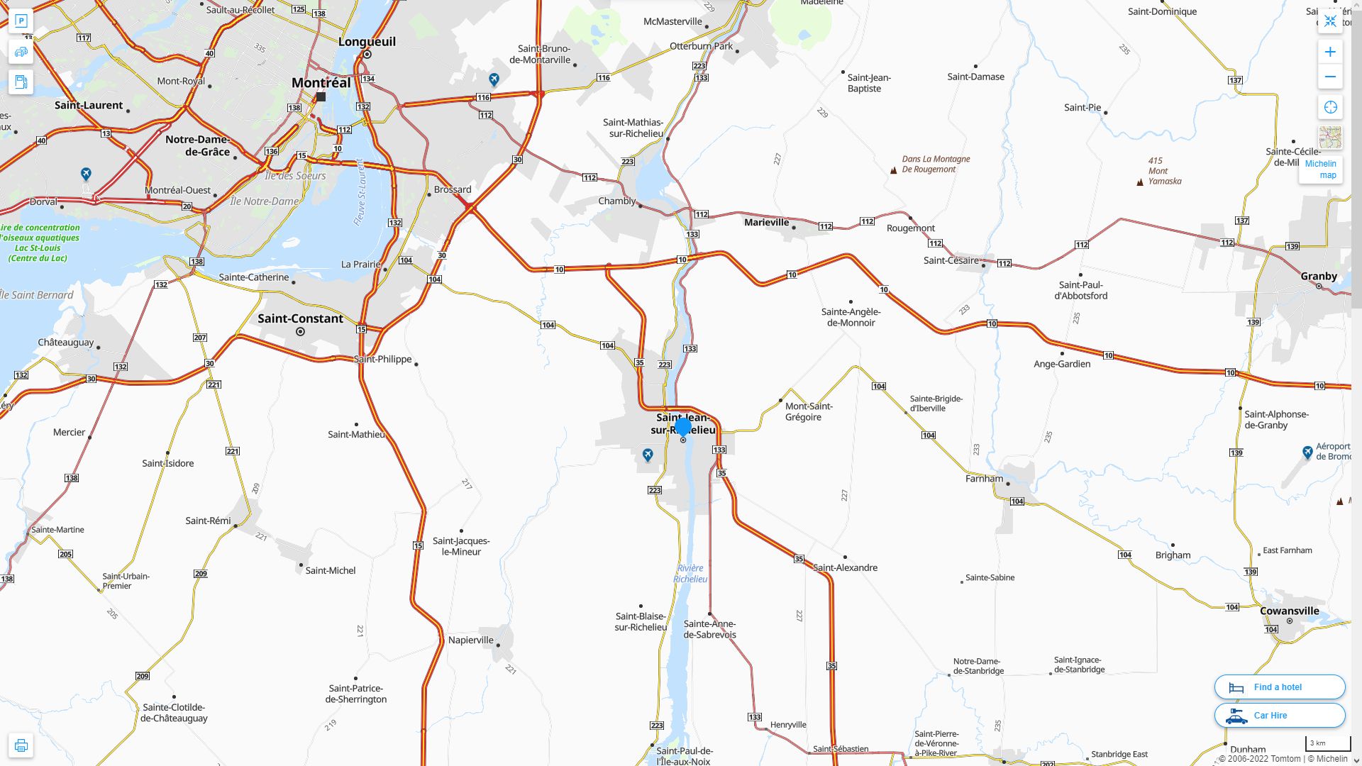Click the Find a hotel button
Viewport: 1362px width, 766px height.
(x=1279, y=687)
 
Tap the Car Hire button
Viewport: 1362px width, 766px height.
(x=1279, y=715)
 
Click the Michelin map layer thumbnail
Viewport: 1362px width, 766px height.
(x=1330, y=138)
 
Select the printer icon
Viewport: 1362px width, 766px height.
(x=21, y=745)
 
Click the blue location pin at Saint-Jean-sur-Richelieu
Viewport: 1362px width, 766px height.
(x=683, y=427)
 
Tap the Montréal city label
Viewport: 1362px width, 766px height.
(x=321, y=82)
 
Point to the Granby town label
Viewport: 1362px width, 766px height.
(x=1318, y=276)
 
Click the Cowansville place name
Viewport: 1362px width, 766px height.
(x=1289, y=611)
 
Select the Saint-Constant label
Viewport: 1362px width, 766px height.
(x=300, y=318)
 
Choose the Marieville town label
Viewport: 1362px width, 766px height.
(x=766, y=222)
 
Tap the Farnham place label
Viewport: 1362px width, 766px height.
(x=984, y=478)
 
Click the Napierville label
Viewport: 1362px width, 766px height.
(x=470, y=640)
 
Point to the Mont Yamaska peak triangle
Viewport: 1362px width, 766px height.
(x=1140, y=182)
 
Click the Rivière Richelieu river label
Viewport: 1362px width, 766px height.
(x=690, y=573)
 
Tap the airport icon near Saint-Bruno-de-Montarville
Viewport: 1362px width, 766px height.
(x=494, y=79)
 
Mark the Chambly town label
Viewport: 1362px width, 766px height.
(x=616, y=201)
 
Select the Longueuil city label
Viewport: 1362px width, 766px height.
(x=367, y=41)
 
